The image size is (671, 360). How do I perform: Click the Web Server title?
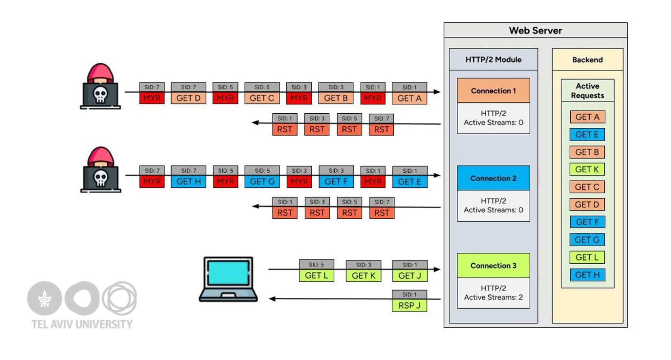coord(535,30)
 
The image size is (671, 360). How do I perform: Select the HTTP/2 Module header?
coord(493,59)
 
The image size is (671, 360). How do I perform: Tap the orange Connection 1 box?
coord(493,91)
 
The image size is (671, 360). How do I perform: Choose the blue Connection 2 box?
coord(493,178)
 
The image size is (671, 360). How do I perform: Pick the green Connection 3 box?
coord(493,265)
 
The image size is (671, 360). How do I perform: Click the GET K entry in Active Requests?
coord(587,169)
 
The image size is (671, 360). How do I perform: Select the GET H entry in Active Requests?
coord(587,275)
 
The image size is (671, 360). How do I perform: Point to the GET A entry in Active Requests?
coord(587,117)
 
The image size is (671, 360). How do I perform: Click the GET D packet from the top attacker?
coord(188,98)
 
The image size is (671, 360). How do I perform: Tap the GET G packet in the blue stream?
coord(262,182)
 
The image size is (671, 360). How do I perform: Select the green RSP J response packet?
coord(409,305)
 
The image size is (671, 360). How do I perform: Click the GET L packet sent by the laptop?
coord(316,275)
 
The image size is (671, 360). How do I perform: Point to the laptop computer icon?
coord(228,279)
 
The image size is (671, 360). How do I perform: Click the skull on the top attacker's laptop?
coord(100,95)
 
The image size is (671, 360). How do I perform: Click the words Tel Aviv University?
coord(82,324)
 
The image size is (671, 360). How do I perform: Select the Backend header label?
coord(587,60)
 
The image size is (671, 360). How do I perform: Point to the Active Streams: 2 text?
coord(493,297)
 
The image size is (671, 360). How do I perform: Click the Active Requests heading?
coord(587,91)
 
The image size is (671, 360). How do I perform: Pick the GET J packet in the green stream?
coord(409,275)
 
